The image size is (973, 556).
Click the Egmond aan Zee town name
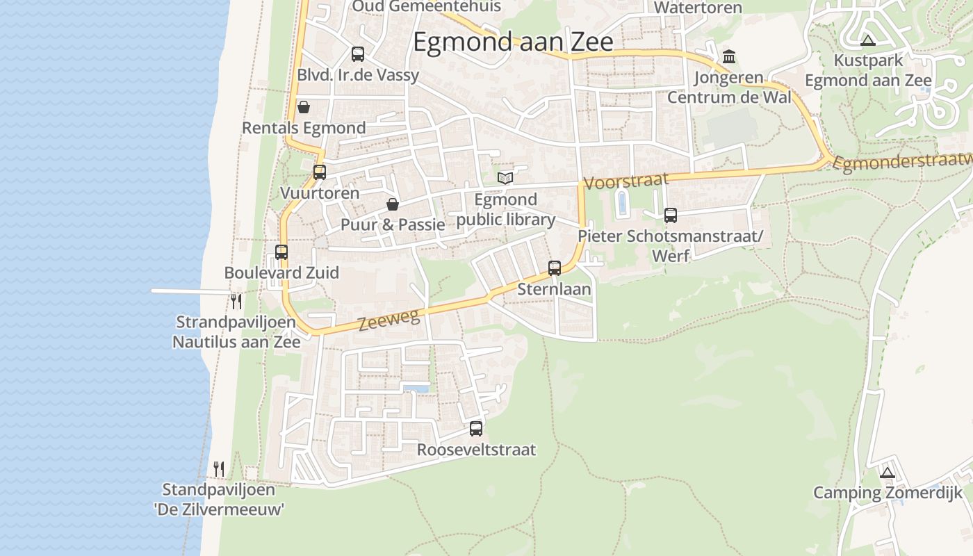[x=513, y=42]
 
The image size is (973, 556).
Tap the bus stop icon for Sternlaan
[x=555, y=268]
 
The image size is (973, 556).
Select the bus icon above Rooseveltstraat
[x=476, y=428]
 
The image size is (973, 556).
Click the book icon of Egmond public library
[x=505, y=178]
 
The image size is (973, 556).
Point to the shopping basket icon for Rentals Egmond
[x=304, y=107]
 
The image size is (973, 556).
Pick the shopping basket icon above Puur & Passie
[x=393, y=204]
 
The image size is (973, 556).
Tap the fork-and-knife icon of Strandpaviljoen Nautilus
[x=236, y=301]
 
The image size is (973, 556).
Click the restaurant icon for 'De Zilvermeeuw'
[x=219, y=468]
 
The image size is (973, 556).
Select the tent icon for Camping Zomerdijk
[x=887, y=473]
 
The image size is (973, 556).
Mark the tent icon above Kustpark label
[x=867, y=40]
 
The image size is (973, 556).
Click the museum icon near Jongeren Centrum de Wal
[x=729, y=56]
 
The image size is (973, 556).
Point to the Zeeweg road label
[x=389, y=320]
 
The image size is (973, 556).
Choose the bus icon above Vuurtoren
[x=320, y=172]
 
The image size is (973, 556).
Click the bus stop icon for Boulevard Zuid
[x=281, y=252]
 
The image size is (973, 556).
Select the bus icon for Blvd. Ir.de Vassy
[x=358, y=54]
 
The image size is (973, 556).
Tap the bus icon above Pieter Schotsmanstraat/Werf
[x=671, y=215]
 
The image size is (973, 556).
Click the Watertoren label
[x=698, y=8]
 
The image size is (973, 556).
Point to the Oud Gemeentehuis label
[x=427, y=6]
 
